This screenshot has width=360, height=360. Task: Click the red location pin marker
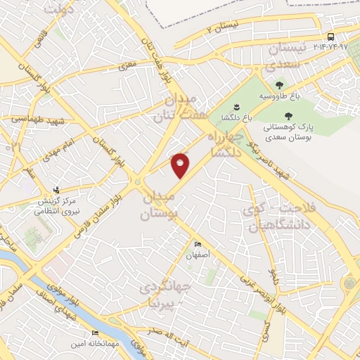point(181,165)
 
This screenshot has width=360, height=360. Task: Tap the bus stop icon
point(330,37)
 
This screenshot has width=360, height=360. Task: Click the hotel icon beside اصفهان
point(198,245)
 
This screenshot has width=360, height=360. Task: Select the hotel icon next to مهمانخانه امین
point(94,333)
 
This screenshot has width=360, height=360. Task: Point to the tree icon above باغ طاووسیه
point(280,84)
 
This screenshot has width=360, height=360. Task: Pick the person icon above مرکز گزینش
point(57,190)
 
